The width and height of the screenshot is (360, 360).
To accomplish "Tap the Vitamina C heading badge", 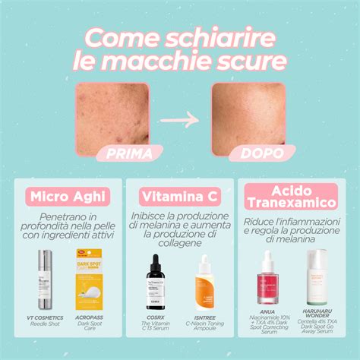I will click(x=180, y=197).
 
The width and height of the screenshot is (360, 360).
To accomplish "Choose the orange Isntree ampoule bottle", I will click(x=204, y=283).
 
